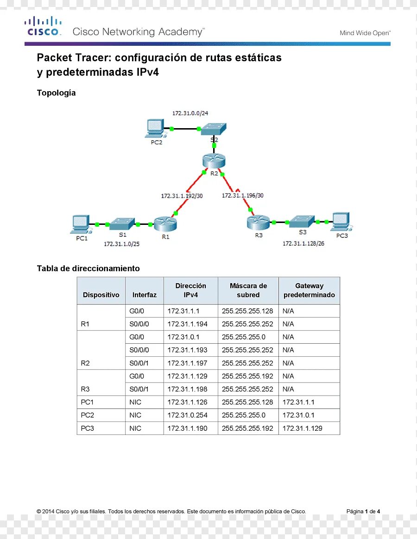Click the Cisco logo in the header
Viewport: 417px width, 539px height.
tap(43, 26)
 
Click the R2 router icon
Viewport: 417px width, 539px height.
tap(214, 161)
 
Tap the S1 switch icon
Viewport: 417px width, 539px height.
tap(122, 224)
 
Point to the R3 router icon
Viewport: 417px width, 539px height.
tap(258, 223)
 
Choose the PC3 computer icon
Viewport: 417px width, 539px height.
tap(341, 222)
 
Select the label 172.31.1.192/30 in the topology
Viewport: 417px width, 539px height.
tap(182, 196)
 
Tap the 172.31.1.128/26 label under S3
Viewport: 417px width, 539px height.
tap(303, 243)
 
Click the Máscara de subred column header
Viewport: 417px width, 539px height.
tap(248, 290)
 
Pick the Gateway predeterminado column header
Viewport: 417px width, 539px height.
tap(309, 290)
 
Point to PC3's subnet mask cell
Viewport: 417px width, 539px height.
tap(247, 428)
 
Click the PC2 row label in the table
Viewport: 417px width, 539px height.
tap(88, 415)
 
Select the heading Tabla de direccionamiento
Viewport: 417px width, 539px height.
tap(88, 268)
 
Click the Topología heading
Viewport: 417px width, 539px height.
tap(56, 93)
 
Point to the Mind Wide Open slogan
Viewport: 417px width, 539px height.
tap(365, 33)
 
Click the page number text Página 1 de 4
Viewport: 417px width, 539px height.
tap(363, 511)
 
